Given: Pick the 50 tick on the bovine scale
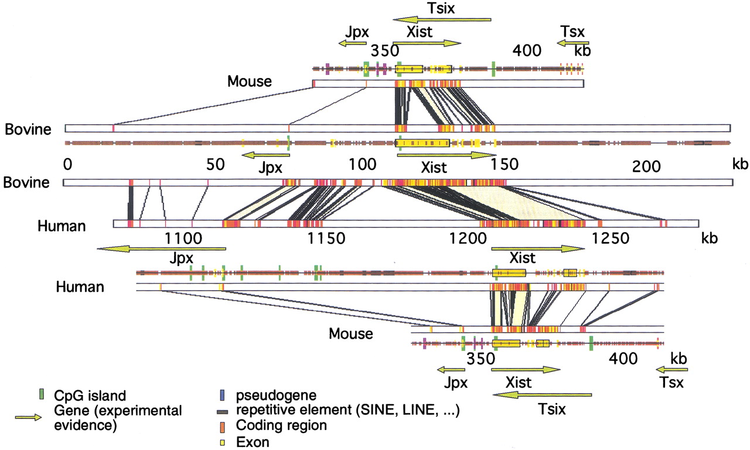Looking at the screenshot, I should [216, 165].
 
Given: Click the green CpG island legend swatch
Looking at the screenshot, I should [41, 393].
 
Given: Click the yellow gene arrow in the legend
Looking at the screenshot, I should [28, 417].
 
